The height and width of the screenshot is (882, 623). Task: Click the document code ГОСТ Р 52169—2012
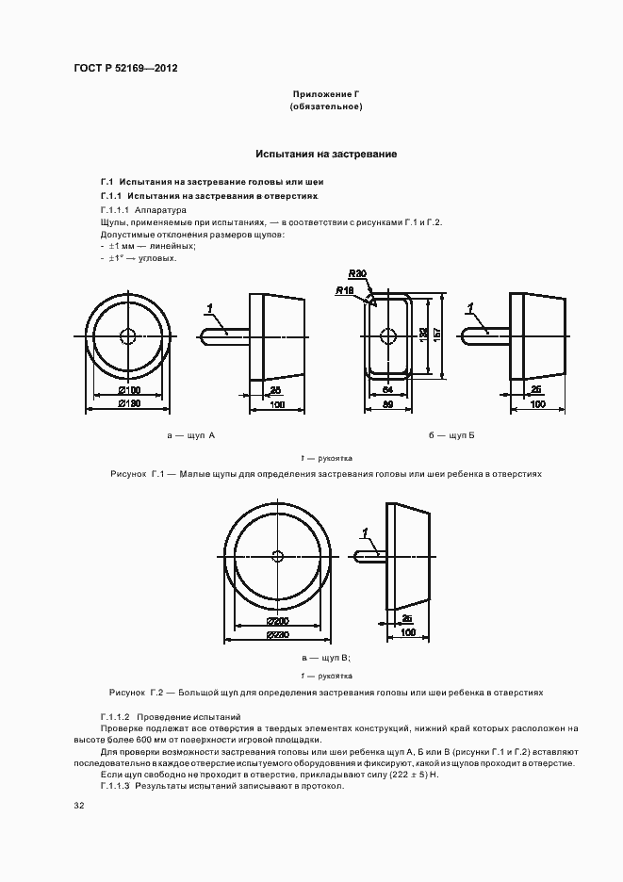click(125, 69)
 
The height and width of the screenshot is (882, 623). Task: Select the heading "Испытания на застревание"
click(326, 154)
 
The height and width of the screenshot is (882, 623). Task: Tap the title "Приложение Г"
click(326, 95)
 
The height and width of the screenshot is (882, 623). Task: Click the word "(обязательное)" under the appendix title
click(326, 107)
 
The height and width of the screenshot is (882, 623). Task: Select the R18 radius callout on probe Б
click(344, 291)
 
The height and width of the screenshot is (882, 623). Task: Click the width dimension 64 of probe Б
click(386, 389)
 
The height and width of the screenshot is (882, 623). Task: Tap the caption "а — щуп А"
click(190, 436)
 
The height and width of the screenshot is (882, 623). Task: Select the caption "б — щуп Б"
click(451, 436)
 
